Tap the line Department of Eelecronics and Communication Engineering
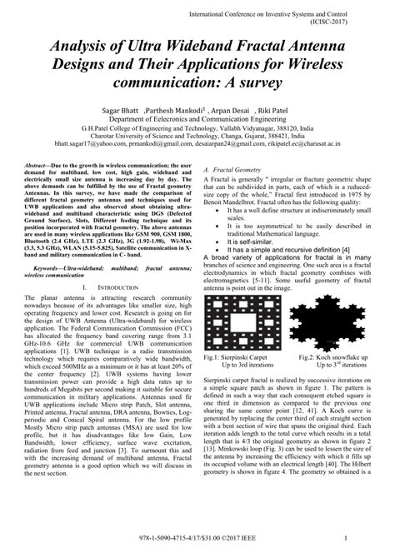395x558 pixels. pos(197,122)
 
